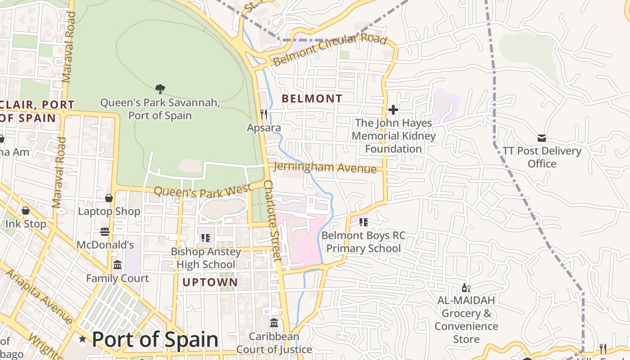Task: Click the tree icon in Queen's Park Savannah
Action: click(160, 89)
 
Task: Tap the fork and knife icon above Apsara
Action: click(264, 114)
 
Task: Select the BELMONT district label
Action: click(312, 98)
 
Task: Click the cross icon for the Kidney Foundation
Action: click(393, 109)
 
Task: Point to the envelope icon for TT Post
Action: click(542, 138)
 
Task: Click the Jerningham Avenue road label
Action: click(325, 167)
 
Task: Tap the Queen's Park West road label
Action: click(202, 191)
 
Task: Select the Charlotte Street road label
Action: click(272, 220)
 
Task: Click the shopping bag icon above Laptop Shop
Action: click(109, 198)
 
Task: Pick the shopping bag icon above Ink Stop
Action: click(26, 211)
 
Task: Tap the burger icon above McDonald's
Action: click(105, 232)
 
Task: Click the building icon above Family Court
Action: click(117, 265)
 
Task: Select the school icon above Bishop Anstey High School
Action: click(206, 238)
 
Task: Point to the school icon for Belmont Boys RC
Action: click(364, 222)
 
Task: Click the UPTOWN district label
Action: click(210, 282)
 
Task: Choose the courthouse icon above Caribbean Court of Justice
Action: click(274, 323)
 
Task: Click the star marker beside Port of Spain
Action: click(82, 339)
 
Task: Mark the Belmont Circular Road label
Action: click(330, 49)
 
